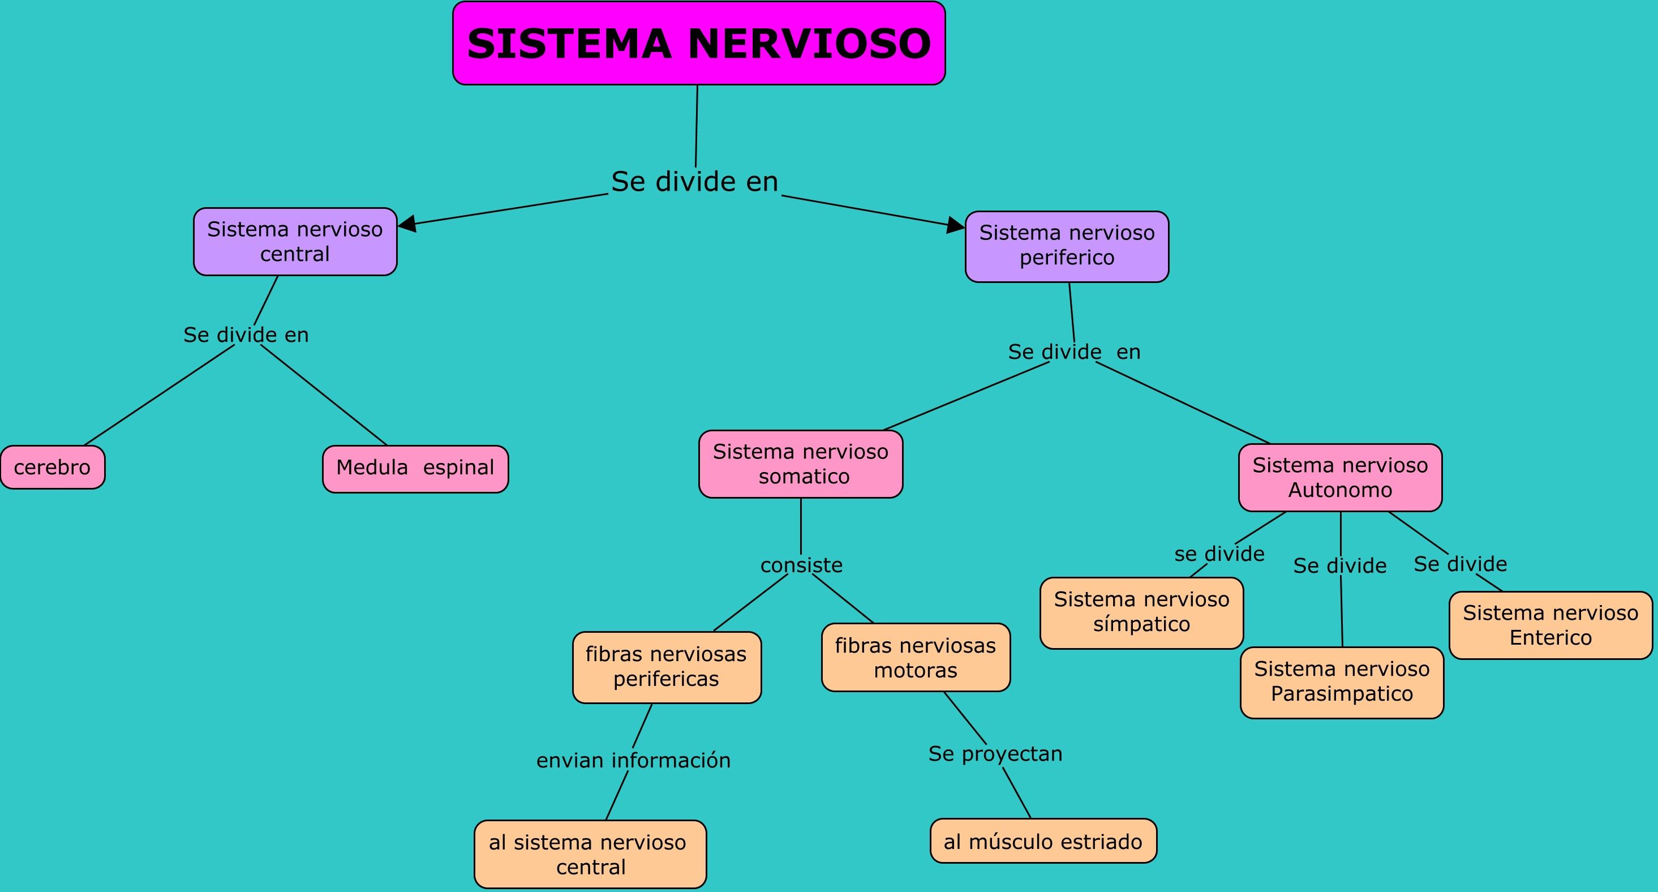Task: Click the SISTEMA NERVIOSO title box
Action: [699, 43]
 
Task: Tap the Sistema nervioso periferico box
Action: [1067, 247]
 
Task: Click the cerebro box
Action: [53, 468]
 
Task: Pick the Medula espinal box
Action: [416, 469]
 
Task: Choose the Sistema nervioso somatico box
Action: [801, 464]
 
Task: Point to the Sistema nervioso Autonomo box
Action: [1341, 478]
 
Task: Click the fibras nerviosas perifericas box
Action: [667, 667]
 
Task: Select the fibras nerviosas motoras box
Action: [916, 657]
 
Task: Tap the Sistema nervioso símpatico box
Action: [1142, 613]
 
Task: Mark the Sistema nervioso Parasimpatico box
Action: [1342, 682]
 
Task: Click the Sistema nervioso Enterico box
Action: [1551, 625]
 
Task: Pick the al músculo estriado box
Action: [1043, 840]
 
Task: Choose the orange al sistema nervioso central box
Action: [590, 854]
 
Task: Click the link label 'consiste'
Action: [801, 564]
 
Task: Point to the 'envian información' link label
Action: [633, 760]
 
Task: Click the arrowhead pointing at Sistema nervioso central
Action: [407, 224]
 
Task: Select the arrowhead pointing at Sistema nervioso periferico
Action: [956, 225]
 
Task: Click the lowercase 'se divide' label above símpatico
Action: [1219, 554]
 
